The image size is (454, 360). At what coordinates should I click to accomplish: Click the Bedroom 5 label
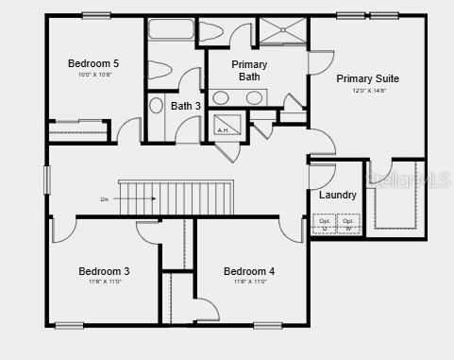pos(92,63)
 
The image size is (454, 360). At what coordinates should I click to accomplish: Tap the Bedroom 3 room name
pos(104,271)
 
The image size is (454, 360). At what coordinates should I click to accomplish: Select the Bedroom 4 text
pos(249,271)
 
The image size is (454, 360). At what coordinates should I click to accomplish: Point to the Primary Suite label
pos(367,78)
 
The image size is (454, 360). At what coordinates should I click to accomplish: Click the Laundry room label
pos(337,196)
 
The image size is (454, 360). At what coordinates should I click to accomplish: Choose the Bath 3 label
pos(186,106)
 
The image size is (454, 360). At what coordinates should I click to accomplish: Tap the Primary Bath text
pos(250,71)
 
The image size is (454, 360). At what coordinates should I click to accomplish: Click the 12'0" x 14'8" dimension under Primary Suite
pos(367,91)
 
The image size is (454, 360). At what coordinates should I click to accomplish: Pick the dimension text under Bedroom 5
pos(92,75)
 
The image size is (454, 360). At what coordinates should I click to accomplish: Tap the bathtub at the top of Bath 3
pos(171,29)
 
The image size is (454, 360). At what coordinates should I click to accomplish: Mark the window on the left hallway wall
pos(46,180)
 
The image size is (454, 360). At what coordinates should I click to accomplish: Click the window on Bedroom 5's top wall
pos(95,15)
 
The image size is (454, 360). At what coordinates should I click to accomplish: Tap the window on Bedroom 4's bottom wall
pos(267,325)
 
